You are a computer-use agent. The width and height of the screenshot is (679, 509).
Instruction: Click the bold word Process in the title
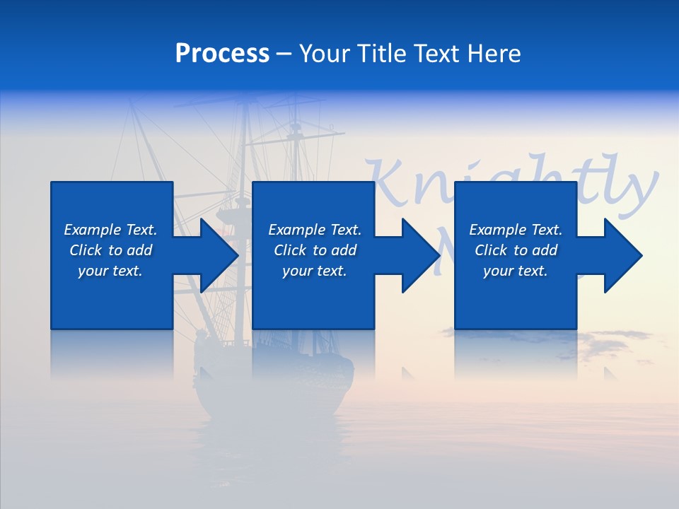click(222, 54)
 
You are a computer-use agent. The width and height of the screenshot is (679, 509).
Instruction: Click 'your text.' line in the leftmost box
click(110, 271)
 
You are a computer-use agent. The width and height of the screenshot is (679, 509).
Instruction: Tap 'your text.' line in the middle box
click(315, 271)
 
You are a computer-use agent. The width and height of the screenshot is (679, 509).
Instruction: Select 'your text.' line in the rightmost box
click(516, 271)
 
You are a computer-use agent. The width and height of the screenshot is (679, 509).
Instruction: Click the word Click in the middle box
click(290, 250)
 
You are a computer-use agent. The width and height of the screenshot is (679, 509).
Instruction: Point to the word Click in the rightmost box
click(491, 250)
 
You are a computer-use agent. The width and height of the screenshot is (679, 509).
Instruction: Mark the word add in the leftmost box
click(140, 250)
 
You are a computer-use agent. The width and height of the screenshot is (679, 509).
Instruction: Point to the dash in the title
click(284, 54)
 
